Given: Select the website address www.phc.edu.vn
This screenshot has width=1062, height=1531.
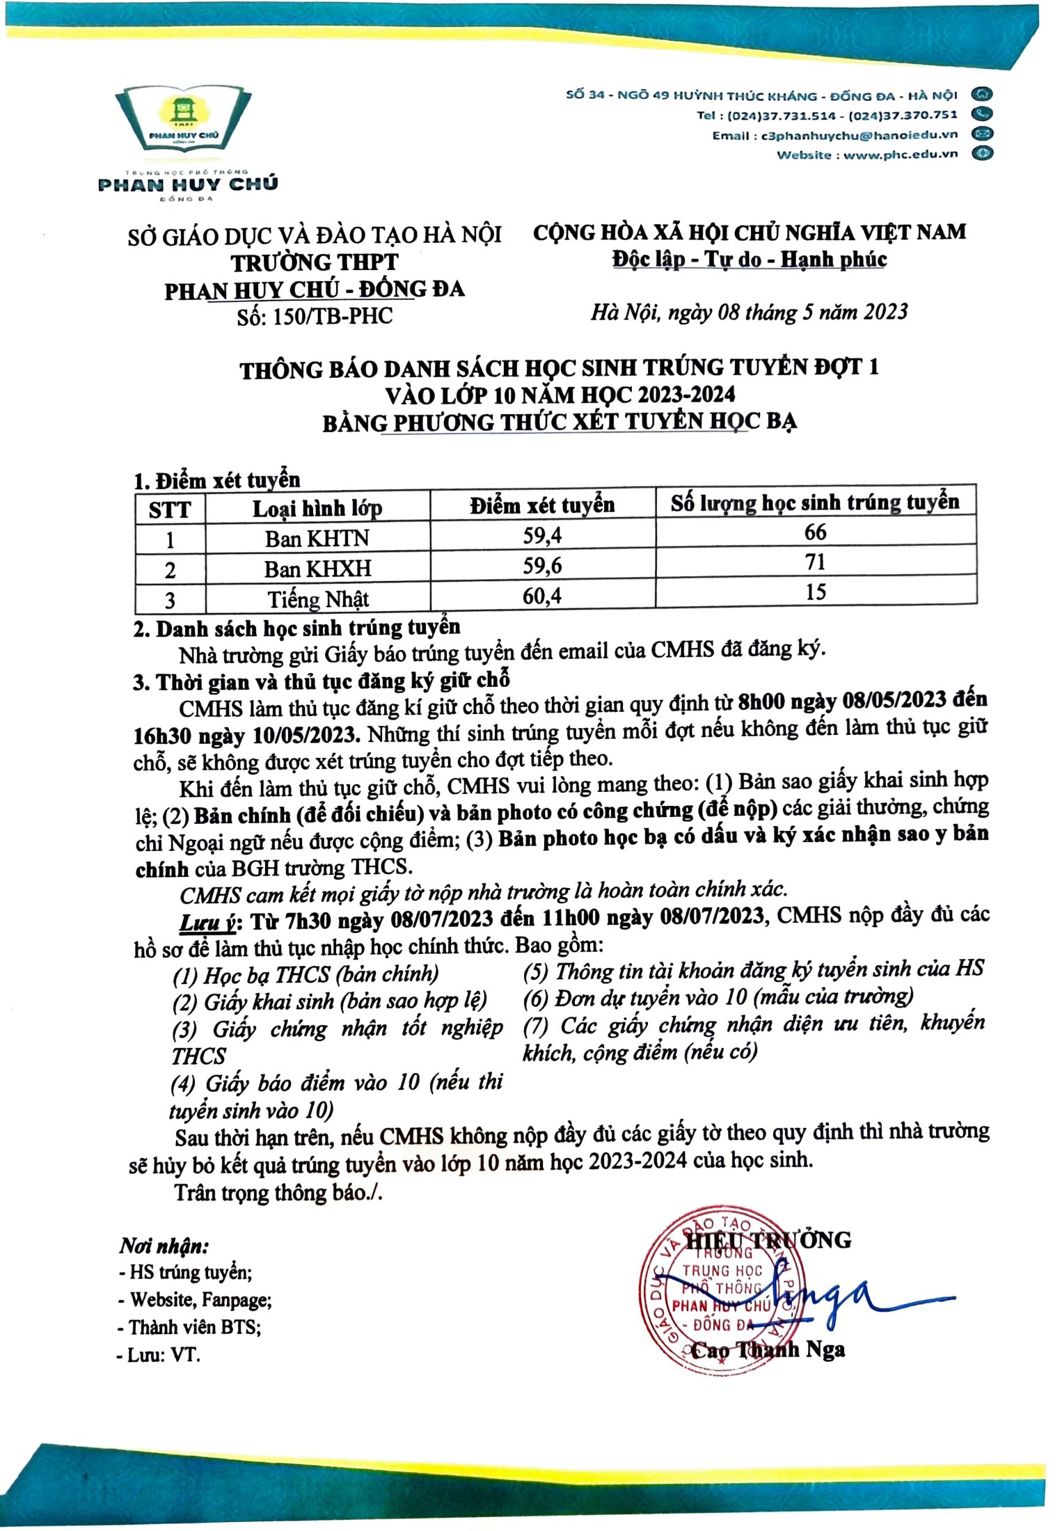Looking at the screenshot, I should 901,154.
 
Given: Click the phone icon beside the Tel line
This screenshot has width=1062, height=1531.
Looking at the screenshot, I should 983,114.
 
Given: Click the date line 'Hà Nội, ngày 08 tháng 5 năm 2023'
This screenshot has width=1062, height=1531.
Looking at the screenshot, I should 749,312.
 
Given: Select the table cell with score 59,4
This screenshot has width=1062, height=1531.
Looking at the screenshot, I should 542,536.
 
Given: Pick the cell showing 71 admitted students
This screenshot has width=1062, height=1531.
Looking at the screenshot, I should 815,562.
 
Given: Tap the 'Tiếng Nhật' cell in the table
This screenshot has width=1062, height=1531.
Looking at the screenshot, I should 317,599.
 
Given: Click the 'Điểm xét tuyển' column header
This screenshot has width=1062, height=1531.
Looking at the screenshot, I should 542,505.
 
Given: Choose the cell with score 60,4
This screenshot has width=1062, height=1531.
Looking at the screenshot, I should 542,596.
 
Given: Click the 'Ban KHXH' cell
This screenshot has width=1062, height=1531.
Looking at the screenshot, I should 317,569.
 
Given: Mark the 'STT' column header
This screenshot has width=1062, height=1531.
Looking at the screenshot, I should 170,509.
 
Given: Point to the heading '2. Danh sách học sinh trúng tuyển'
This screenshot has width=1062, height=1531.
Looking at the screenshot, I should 296,628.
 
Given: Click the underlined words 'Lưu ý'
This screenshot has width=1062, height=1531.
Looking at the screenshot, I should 207,923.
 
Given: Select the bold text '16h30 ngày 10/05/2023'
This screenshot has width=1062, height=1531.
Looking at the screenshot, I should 246,735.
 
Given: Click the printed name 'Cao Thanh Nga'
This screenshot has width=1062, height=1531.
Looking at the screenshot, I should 768,1351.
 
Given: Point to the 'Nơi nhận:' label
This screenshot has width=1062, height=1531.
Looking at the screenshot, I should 164,1246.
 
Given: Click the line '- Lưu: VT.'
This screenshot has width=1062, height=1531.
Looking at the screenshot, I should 159,1355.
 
